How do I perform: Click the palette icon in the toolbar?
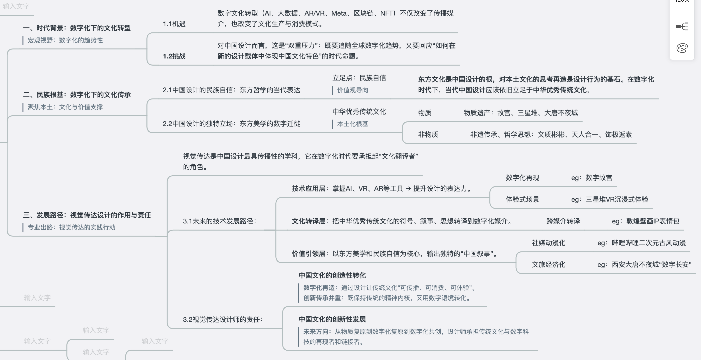pos(682,48)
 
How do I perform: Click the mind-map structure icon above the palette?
pos(682,26)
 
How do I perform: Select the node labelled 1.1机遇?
pos(174,24)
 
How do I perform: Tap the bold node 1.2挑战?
pos(174,56)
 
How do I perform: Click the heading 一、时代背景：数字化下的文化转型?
pos(77,28)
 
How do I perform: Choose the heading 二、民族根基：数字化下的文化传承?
pos(77,95)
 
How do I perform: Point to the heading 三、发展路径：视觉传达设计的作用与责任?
pos(87,215)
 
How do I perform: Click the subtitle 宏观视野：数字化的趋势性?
pos(65,40)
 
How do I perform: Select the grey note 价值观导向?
pos(353,90)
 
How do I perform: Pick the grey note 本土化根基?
pos(353,124)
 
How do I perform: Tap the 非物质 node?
pos(428,134)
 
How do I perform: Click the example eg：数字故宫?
pos(592,178)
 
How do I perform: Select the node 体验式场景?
pos(522,199)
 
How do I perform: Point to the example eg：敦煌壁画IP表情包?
pos(646,221)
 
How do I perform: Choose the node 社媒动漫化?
pos(549,243)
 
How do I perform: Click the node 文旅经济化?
pos(549,264)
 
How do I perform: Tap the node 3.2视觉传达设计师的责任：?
pos(223,320)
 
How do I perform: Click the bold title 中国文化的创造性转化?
pos(332,275)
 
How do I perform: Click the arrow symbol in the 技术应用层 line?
pos(408,189)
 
